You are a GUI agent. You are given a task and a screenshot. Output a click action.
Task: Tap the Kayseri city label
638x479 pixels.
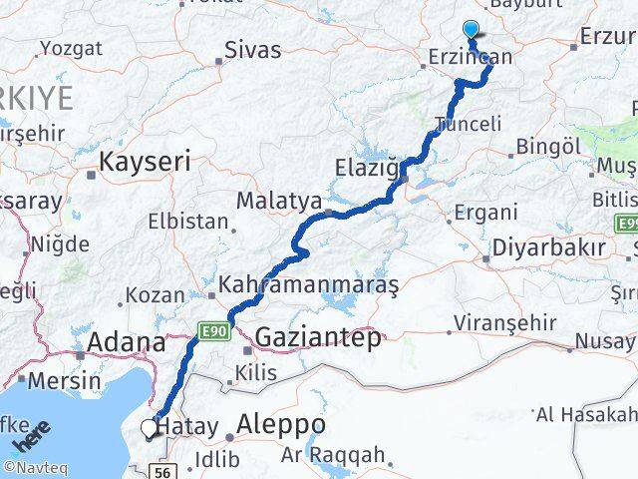pyautogui.click(x=145, y=159)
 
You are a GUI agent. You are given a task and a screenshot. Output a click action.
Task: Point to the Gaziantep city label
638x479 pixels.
pyautogui.click(x=317, y=338)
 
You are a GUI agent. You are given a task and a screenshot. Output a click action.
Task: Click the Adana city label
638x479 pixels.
pyautogui.click(x=127, y=343)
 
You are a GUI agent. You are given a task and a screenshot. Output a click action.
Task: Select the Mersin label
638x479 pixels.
pyautogui.click(x=64, y=380)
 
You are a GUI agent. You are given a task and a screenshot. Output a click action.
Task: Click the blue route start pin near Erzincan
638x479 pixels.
pyautogui.click(x=472, y=31)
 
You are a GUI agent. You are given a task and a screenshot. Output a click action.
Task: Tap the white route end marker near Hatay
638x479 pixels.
pyautogui.click(x=150, y=428)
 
